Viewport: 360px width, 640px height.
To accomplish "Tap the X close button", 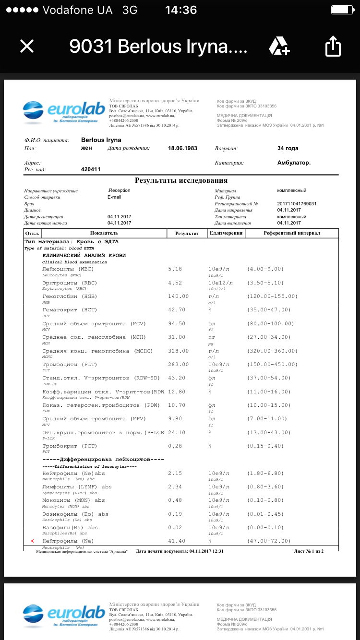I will pos(27,46).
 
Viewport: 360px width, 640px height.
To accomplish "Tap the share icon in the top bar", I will pos(333,47).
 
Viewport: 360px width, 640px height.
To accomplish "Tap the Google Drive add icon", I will pos(279,46).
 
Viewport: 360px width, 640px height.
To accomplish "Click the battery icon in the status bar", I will pos(342,10).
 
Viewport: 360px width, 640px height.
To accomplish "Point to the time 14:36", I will pos(181,10).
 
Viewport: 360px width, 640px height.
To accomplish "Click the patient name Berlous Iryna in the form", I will pos(101,140).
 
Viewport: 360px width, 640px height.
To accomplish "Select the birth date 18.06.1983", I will pos(183,148).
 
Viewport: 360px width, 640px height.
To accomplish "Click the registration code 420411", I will pos(91,169).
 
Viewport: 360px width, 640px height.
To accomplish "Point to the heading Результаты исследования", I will pos(181,180).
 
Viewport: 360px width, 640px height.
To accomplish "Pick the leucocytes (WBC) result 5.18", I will pos(175,269).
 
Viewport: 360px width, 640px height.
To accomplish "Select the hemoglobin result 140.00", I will pos(178,296).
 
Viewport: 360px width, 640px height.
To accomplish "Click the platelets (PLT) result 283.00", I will pos(178,365).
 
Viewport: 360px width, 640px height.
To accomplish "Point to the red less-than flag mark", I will pos(32,541).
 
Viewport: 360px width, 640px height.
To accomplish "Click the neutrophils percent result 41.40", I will pos(177,541).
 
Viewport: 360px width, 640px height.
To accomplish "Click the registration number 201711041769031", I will pos(297,204).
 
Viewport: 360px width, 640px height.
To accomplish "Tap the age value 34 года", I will pos(288,148).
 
